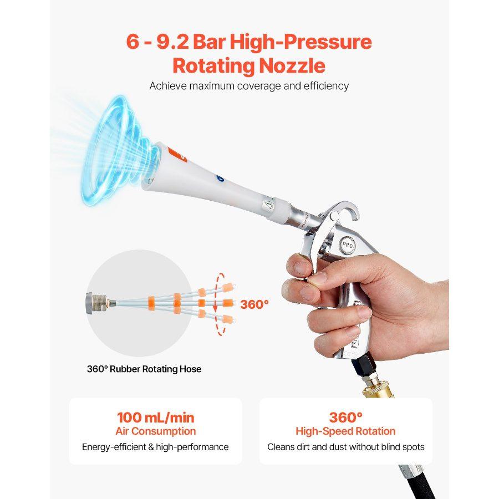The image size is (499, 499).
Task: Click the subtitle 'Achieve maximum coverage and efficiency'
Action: point(249,86)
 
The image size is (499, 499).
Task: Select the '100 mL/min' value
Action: point(155,417)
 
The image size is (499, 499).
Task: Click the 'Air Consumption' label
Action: point(155,431)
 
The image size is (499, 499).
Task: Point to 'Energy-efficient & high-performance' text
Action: point(155,447)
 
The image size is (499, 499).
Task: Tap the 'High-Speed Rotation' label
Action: point(345,431)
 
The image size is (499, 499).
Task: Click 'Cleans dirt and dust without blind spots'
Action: point(345,447)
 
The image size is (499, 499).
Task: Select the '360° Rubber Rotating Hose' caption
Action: point(144,369)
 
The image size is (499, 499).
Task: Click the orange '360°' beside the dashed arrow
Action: point(254,304)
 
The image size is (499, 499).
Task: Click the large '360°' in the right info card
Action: point(345,417)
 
